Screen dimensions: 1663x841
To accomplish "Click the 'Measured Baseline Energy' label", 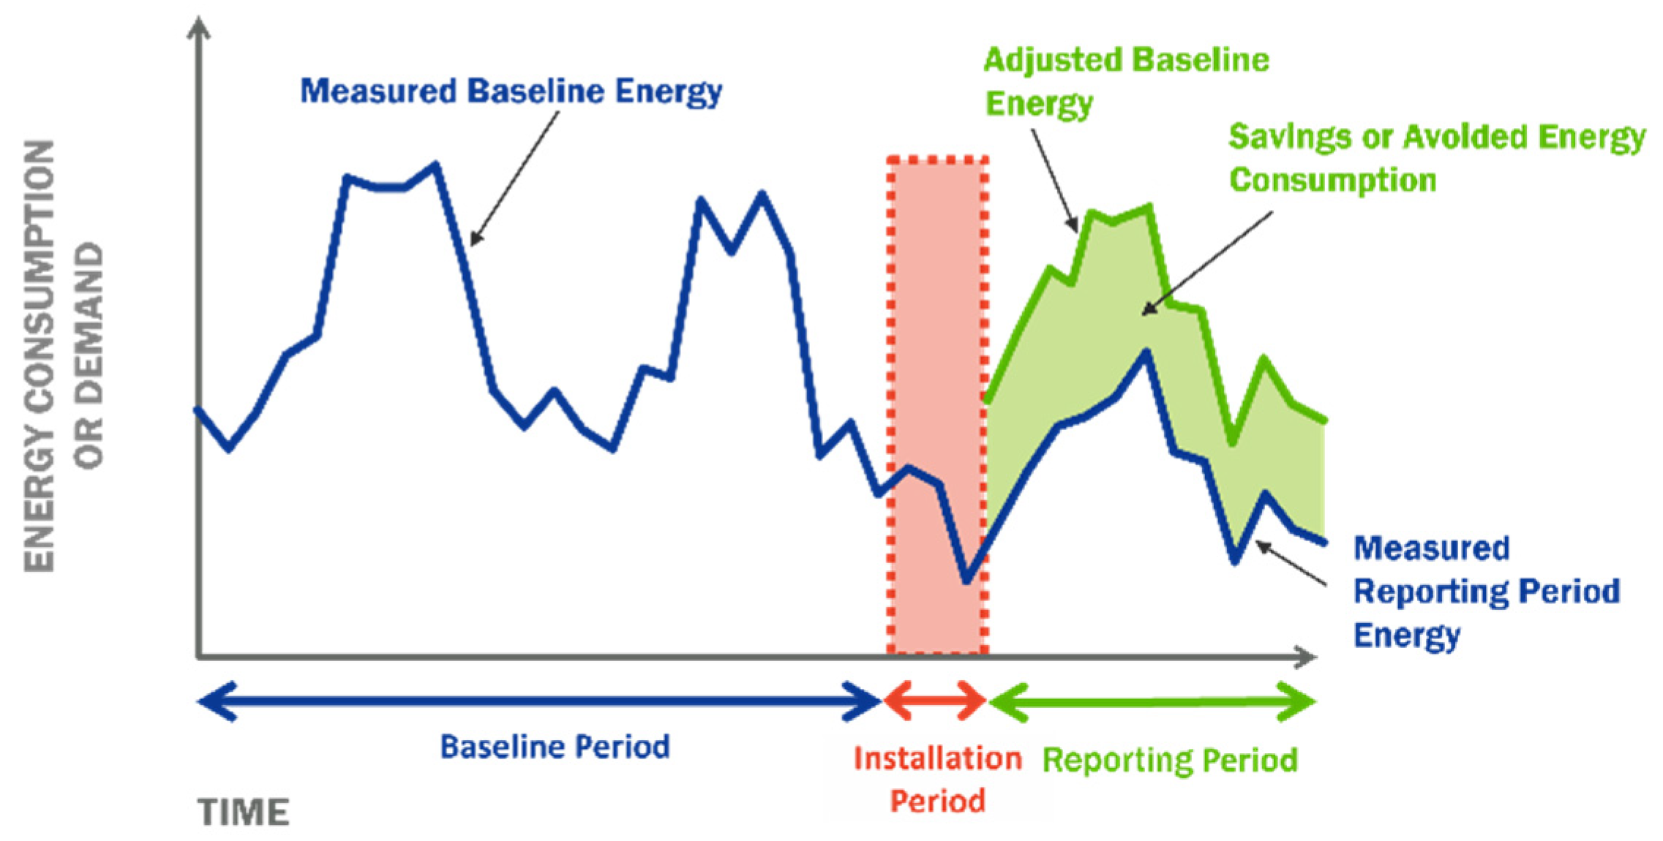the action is point(511,92).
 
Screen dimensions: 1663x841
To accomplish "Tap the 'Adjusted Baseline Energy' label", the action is point(1126,81).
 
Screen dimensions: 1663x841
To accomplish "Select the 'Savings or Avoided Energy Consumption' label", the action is point(1437,158).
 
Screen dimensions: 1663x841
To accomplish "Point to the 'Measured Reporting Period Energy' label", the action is point(1486,592).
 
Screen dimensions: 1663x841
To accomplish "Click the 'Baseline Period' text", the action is point(555,747).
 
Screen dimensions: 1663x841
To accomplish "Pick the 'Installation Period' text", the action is point(937,780).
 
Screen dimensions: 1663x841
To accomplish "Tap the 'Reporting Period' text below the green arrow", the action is point(1170,760).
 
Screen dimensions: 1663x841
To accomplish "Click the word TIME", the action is point(243,812).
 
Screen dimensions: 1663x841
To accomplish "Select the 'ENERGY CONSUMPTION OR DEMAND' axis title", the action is point(64,355).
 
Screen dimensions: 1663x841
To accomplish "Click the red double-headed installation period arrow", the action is point(934,701).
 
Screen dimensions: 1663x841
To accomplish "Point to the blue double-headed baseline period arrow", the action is point(539,701).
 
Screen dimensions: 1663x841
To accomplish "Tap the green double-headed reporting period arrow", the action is point(1152,701).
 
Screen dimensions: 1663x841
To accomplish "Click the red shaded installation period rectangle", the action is point(937,404).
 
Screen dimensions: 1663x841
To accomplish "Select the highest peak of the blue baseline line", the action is point(436,165).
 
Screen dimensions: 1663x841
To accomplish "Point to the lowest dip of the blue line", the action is point(966,581).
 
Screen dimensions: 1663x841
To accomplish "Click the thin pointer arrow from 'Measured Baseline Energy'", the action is point(514,178).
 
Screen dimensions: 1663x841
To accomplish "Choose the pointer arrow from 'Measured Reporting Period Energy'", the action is point(1291,563).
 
